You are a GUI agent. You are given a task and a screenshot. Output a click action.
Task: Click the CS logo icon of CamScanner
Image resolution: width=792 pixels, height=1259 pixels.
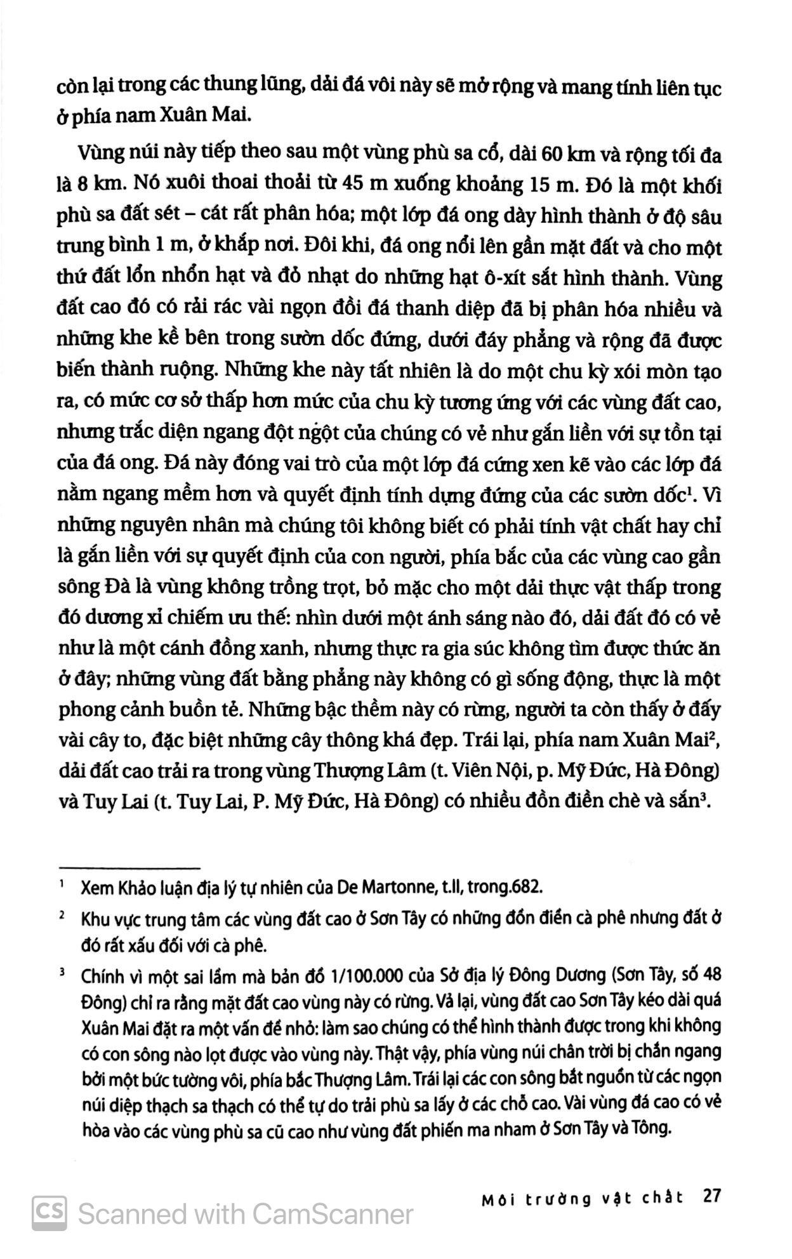point(49,1214)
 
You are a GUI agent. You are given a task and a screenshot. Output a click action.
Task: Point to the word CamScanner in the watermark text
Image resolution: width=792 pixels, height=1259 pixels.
point(333,1215)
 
